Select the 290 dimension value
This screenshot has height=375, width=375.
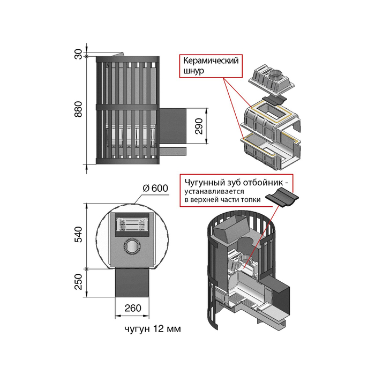point(199,126)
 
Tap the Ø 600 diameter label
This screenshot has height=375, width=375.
point(156,188)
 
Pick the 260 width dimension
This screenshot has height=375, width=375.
point(132,308)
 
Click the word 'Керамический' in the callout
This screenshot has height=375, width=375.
point(210,61)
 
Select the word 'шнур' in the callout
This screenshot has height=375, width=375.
point(193,72)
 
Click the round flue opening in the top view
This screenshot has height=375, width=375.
point(131,246)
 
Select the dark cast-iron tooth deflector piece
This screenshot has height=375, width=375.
point(282,196)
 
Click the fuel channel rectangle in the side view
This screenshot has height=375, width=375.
point(173,125)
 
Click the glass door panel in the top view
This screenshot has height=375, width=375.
point(131,224)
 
